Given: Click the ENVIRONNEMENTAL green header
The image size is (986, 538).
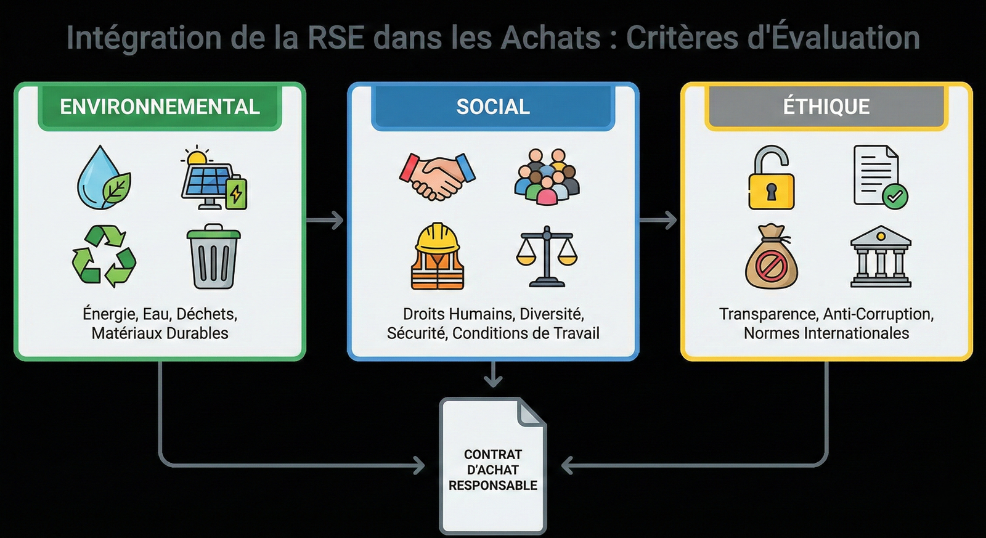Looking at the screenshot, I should coord(160,107).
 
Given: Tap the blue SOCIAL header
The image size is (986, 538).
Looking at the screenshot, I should coord(493,107).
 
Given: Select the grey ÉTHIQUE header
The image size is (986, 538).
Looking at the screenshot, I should coord(826,107).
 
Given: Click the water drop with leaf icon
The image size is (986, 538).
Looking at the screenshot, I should coord(104,178).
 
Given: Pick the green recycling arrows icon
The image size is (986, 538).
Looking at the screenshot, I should coord(104,256).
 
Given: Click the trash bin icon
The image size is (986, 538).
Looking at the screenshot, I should coord(213,257).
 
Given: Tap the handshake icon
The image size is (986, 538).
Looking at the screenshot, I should coord(438,176).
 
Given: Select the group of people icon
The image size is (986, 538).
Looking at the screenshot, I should coord(547,177).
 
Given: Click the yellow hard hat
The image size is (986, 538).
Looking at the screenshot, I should coord(438,237).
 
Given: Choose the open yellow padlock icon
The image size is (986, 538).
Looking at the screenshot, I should coord(771,178).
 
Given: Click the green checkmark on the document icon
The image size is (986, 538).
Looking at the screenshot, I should coord(895,197).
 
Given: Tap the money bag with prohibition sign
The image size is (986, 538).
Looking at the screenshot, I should coord(771,258).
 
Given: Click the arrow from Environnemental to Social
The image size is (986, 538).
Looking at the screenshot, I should coord(325,220).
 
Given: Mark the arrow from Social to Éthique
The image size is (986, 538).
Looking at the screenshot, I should coord(659,220).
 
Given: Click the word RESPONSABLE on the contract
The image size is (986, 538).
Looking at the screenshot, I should coord(493,486).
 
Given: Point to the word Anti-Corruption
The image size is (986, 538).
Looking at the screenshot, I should coord(878,314).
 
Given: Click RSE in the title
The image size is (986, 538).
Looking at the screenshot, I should coord(336,38).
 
